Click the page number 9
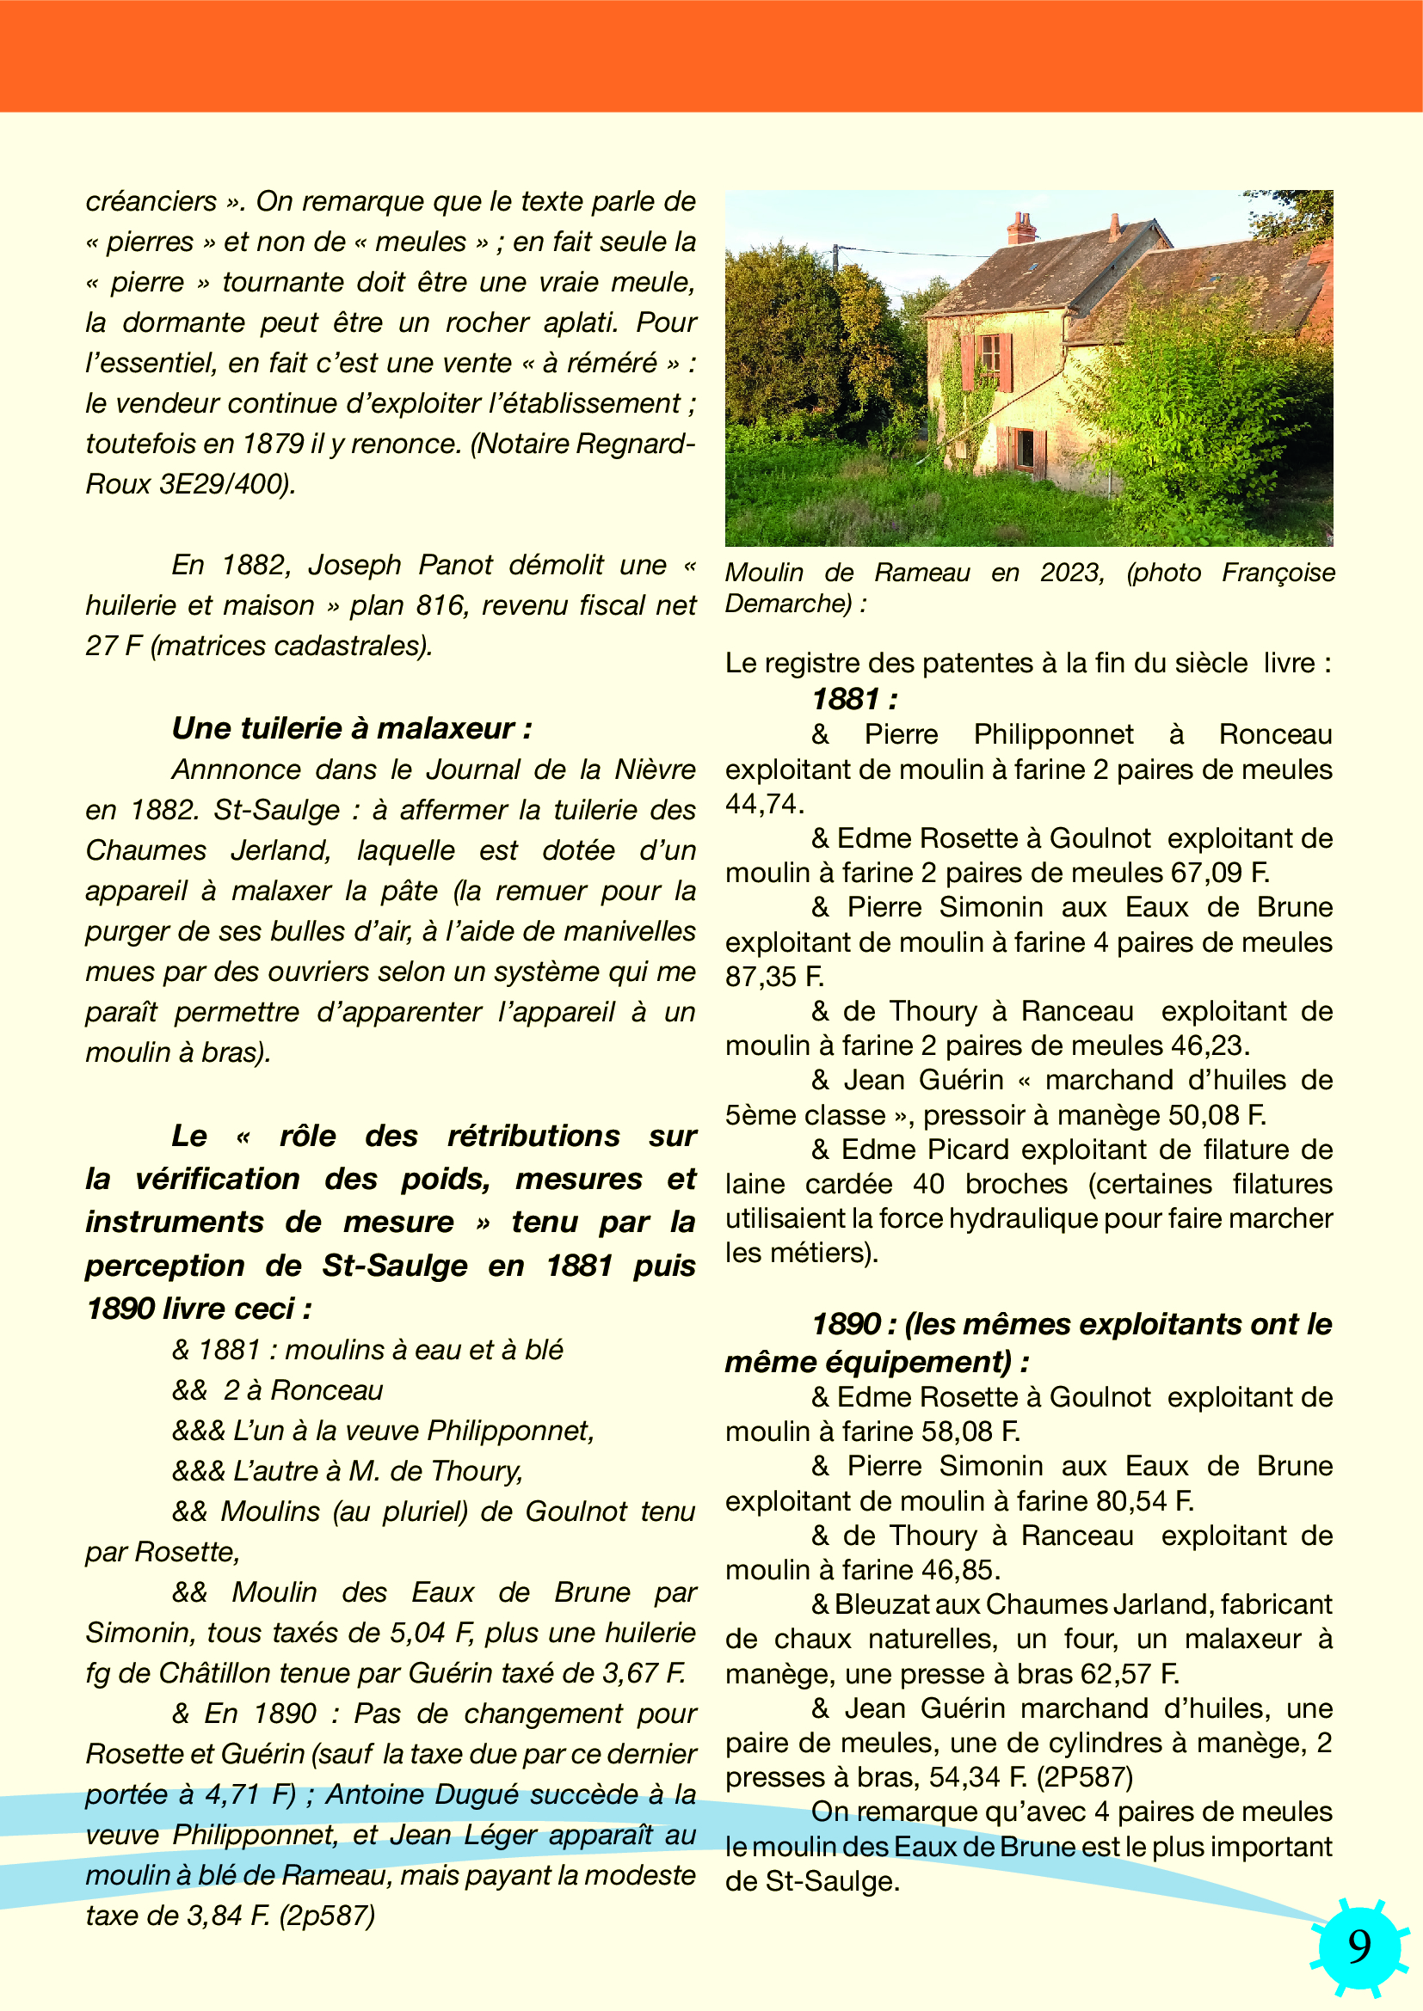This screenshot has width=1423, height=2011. (1359, 1947)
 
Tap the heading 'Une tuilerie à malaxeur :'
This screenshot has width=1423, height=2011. (351, 729)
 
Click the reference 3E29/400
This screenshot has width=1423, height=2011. (228, 484)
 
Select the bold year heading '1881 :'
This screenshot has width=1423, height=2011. (854, 699)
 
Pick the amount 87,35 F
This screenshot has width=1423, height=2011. (773, 976)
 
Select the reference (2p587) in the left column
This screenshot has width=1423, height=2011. (327, 1916)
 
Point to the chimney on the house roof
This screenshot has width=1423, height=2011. (1022, 229)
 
